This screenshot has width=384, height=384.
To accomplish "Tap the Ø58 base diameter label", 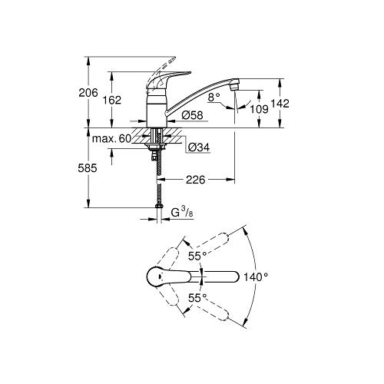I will pos(191,116).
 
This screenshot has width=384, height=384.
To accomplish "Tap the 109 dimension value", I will pos(259,110).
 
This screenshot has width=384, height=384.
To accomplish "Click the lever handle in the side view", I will pos(170,77).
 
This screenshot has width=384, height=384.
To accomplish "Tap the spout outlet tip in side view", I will pos(238,83).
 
